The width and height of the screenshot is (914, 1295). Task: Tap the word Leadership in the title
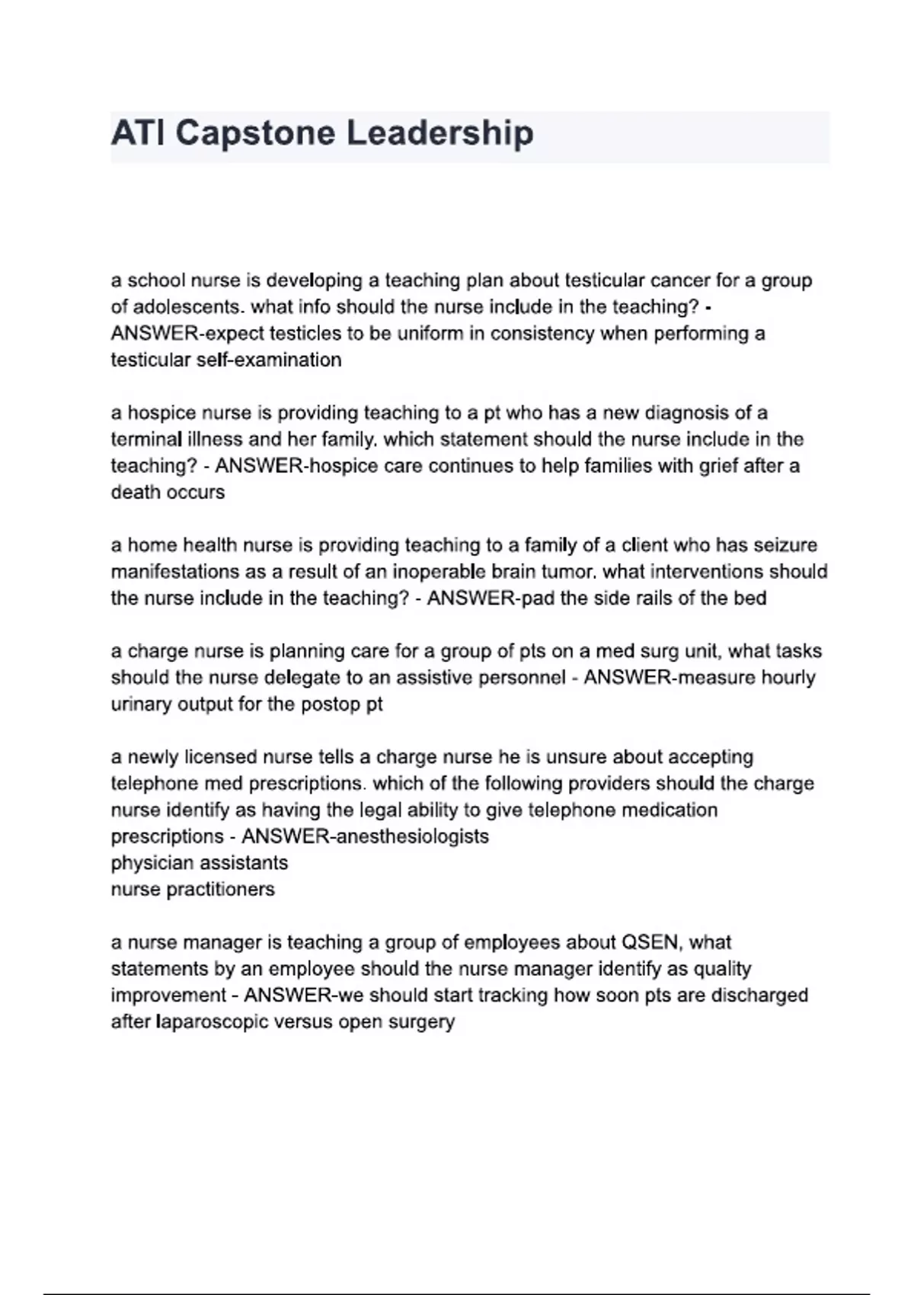(440, 133)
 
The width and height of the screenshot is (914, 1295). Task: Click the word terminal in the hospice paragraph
(146, 440)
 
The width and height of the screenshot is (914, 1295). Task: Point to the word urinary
(142, 705)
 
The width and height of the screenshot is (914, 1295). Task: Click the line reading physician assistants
(200, 863)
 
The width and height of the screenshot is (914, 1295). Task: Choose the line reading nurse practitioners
(193, 890)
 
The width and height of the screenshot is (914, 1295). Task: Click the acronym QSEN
(650, 943)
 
